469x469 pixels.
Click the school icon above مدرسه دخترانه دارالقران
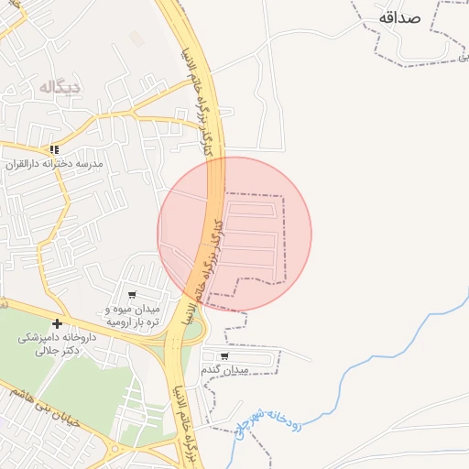55,149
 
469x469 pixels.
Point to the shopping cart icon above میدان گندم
224,355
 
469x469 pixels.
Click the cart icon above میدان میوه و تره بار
133,295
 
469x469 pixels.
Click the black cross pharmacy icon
57,323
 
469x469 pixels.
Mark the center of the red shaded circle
234,234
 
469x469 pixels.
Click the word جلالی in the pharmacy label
46,350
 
